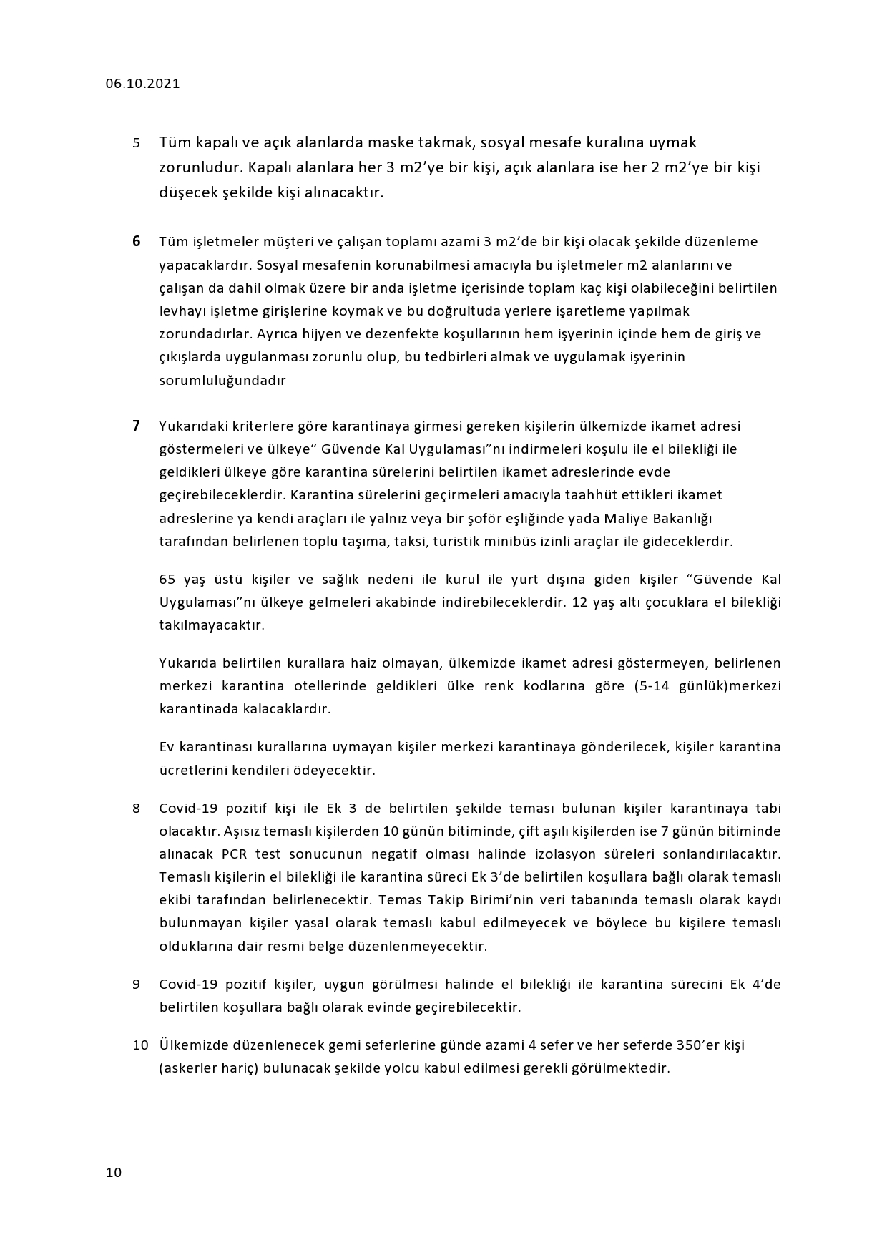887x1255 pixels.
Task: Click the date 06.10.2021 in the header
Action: [142, 84]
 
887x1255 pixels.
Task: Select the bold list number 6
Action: [136, 241]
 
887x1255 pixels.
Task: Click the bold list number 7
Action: [136, 426]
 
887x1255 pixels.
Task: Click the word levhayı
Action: [182, 311]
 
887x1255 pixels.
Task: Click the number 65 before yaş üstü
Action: [167, 579]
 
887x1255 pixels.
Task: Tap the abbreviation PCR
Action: [235, 854]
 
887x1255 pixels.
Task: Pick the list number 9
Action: [136, 985]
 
